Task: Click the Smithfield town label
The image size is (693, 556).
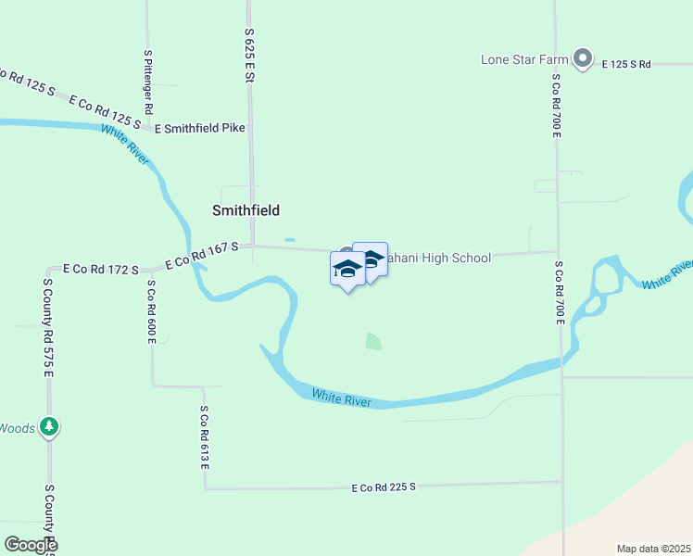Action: pyautogui.click(x=246, y=210)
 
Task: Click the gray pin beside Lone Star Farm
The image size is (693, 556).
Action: pyautogui.click(x=583, y=59)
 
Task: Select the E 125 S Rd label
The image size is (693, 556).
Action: pyautogui.click(x=626, y=64)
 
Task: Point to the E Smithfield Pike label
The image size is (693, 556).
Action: pyautogui.click(x=200, y=128)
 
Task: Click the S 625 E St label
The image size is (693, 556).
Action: pyautogui.click(x=249, y=56)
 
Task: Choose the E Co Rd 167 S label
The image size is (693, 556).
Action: pyautogui.click(x=202, y=256)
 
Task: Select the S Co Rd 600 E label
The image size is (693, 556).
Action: pyautogui.click(x=151, y=312)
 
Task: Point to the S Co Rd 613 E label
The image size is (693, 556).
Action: pyautogui.click(x=204, y=436)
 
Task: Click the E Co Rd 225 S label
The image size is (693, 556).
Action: pyautogui.click(x=384, y=486)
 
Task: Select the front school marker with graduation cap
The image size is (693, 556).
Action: pyautogui.click(x=347, y=270)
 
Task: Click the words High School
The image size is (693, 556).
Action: pyautogui.click(x=457, y=258)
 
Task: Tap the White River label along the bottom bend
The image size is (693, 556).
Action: pyautogui.click(x=341, y=398)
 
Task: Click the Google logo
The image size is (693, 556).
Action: pyautogui.click(x=30, y=545)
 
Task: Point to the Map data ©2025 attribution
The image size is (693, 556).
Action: pyautogui.click(x=653, y=549)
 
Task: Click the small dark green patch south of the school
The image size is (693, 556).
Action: pyautogui.click(x=372, y=341)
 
